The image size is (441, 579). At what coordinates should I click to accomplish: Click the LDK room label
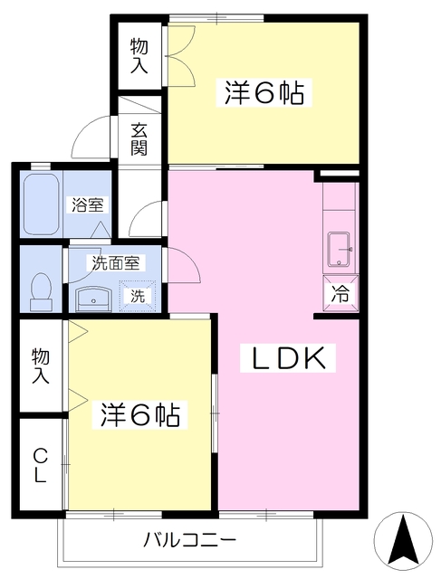[287, 359]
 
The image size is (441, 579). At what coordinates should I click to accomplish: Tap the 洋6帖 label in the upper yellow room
[263, 93]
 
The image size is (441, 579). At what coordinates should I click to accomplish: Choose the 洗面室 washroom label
[114, 263]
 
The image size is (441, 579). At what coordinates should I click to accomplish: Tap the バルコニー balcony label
[190, 541]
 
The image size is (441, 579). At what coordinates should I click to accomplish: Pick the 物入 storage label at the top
[139, 55]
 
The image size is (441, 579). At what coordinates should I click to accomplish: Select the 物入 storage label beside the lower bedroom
[40, 365]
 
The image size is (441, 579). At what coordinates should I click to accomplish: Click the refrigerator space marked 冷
[340, 293]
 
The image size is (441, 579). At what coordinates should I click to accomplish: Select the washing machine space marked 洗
[138, 295]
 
